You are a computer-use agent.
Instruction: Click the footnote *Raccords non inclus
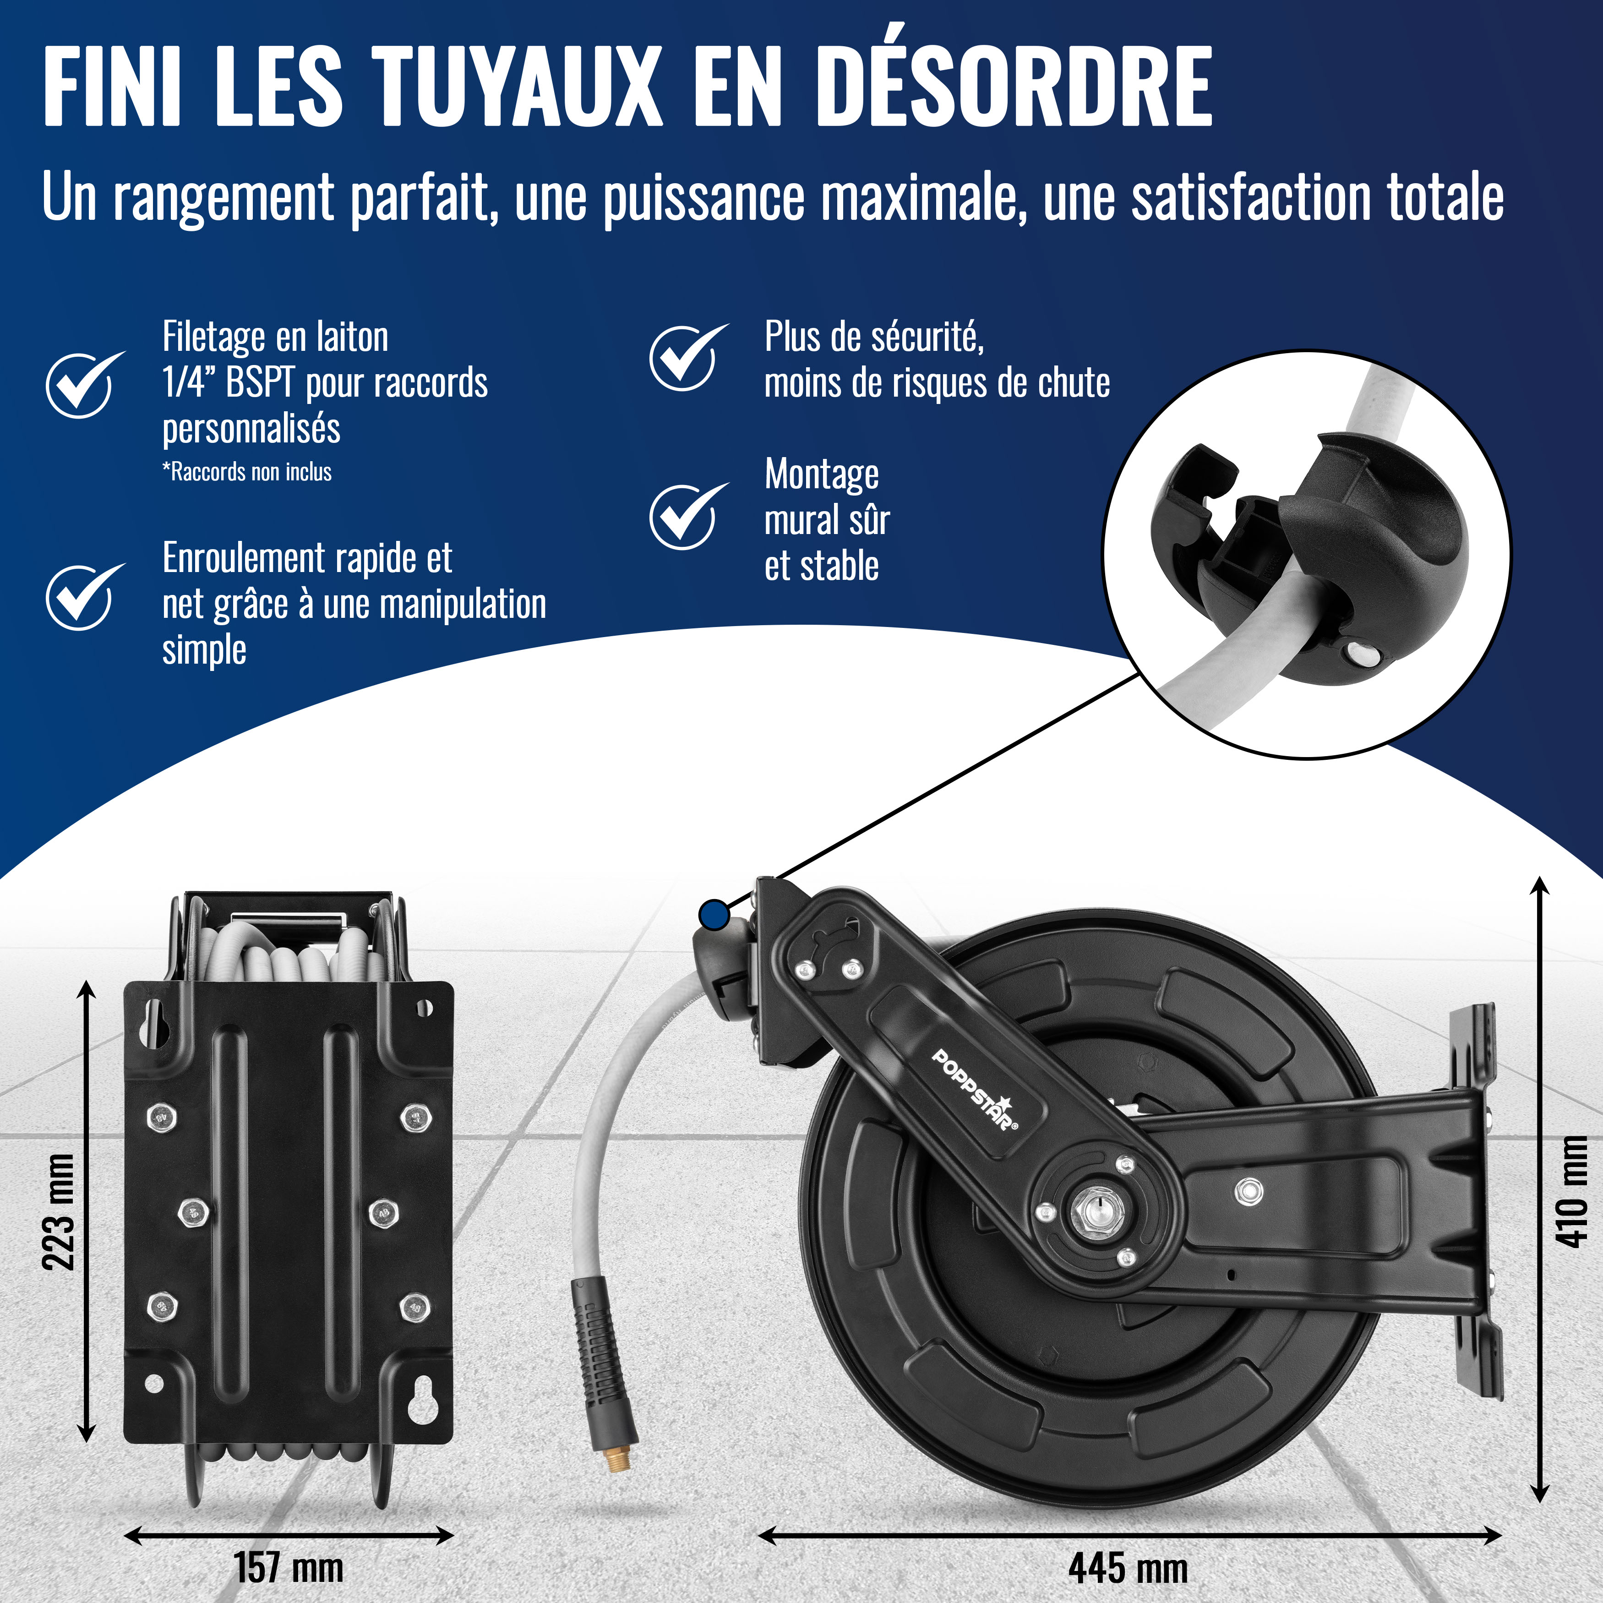pyautogui.click(x=246, y=472)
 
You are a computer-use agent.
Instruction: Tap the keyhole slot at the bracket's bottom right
pyautogui.click(x=423, y=1400)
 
